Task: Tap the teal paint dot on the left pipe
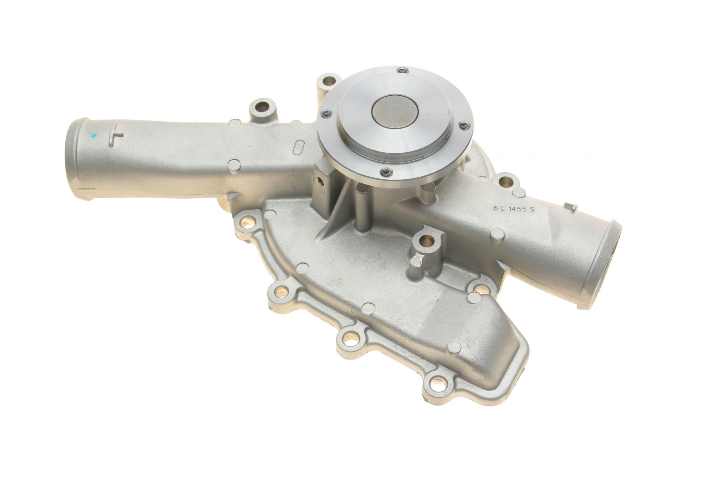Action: click(95, 136)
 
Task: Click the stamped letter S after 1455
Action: click(532, 210)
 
